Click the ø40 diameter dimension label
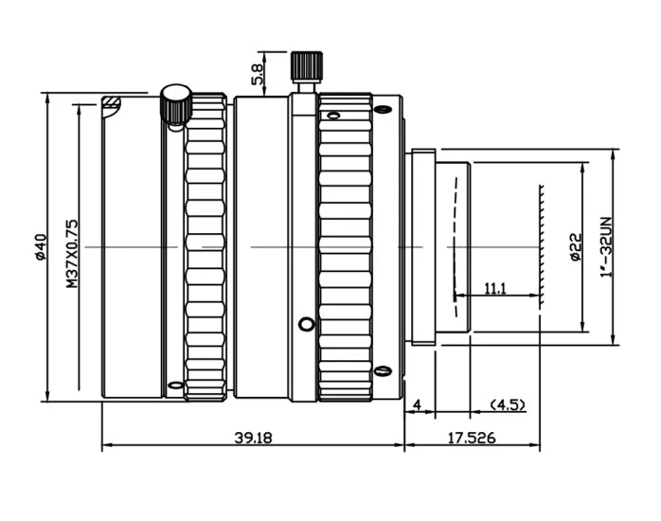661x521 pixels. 41,247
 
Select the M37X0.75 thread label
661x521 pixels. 72,253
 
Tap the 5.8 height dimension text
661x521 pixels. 258,74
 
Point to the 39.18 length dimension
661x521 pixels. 254,438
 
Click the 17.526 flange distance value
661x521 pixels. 472,438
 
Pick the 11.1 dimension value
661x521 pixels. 495,289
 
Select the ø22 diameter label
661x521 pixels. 577,247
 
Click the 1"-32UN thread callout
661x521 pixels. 606,246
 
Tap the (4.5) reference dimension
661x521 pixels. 508,405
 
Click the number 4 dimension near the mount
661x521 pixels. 418,405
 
